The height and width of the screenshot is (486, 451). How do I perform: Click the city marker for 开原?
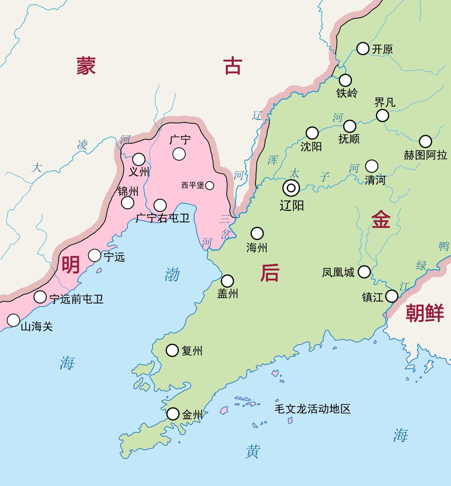[x=363, y=49]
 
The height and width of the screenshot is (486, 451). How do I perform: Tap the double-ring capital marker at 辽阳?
[x=291, y=188]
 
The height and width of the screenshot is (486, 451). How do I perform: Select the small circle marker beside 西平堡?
[x=210, y=185]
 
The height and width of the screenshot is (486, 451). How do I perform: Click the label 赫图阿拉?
[x=425, y=155]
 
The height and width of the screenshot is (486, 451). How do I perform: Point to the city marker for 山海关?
[x=13, y=320]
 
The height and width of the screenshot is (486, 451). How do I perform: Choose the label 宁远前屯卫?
[x=76, y=299]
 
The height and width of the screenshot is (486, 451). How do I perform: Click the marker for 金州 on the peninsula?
[x=173, y=414]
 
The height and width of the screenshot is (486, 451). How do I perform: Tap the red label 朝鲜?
[x=425, y=313]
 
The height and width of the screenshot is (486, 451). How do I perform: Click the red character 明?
[x=71, y=264]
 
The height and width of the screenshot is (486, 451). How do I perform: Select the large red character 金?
[x=381, y=219]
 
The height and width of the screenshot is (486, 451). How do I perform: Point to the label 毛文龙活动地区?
[x=313, y=409]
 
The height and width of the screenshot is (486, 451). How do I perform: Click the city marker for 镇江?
[x=391, y=296]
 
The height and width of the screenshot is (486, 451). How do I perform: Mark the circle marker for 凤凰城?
[x=364, y=272]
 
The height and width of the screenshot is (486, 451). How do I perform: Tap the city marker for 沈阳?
[x=312, y=133]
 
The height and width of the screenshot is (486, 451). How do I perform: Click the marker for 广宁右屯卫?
[x=160, y=205]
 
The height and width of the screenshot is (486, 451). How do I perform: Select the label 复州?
[x=192, y=351]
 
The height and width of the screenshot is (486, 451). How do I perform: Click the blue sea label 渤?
[x=172, y=274]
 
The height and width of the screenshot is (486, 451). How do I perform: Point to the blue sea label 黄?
[x=252, y=451]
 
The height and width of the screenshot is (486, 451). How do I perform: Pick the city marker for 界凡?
[x=382, y=115]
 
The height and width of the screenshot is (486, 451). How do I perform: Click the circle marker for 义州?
[x=138, y=159]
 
